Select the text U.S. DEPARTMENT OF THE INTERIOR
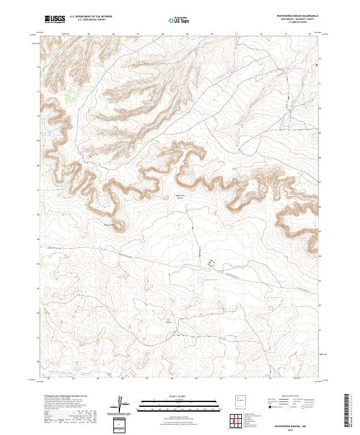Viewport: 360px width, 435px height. (x=90, y=17)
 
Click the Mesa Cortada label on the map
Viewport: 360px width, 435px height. (x=111, y=226)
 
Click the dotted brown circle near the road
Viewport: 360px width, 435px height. (x=211, y=263)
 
